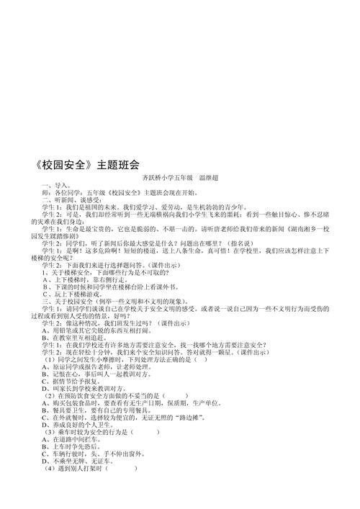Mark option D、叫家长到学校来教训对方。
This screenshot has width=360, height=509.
93,410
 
